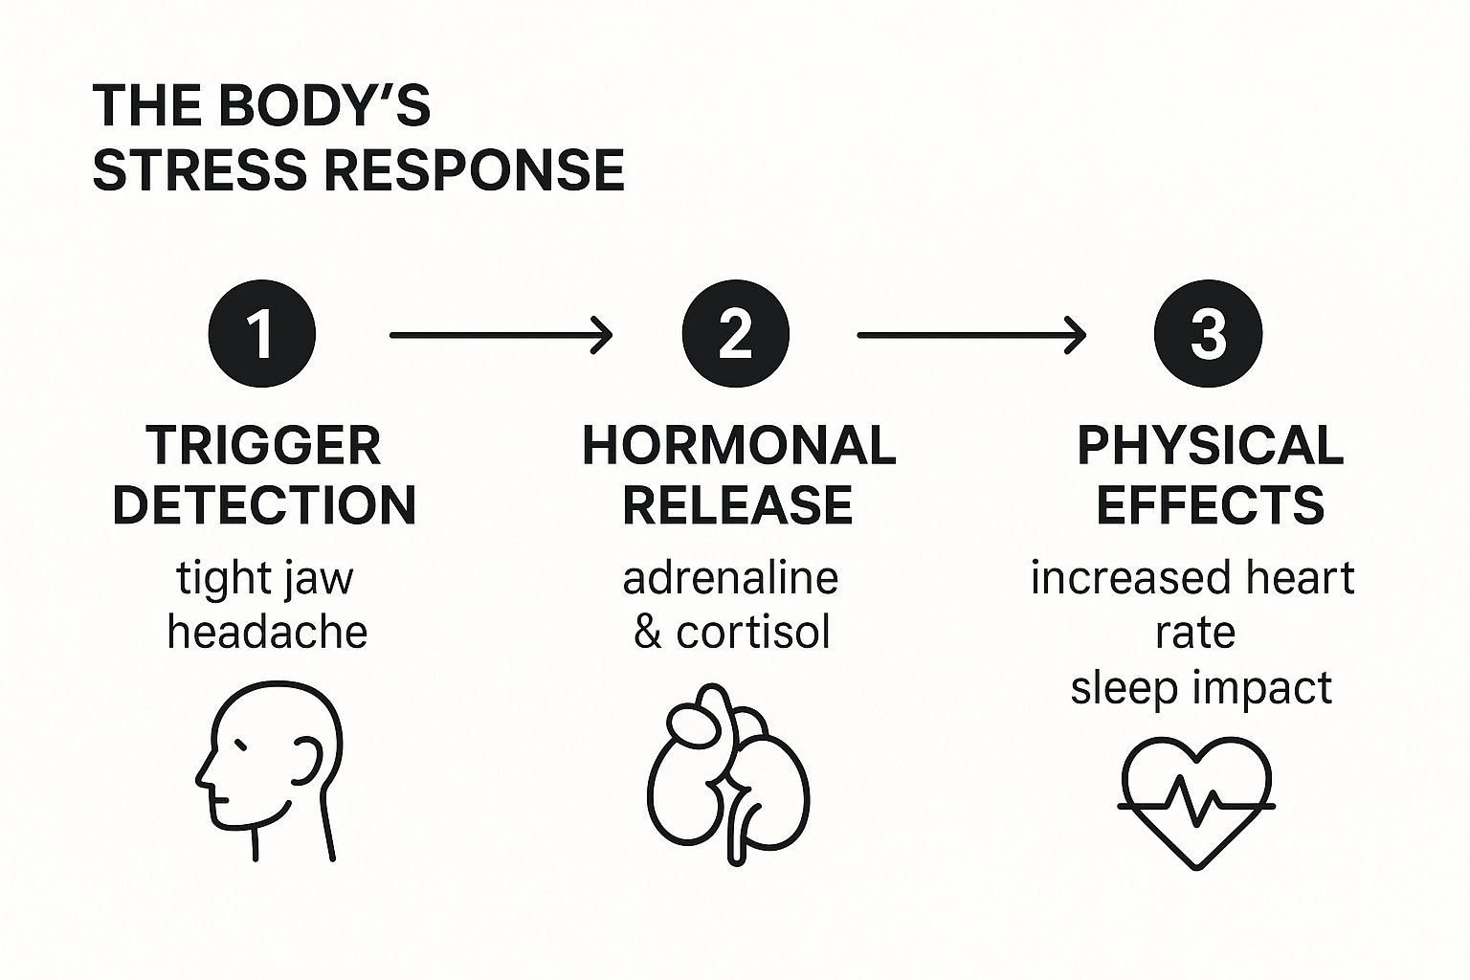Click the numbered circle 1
[x=261, y=334]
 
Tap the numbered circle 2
[x=735, y=334]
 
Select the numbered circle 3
[x=1208, y=334]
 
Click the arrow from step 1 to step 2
[x=501, y=335]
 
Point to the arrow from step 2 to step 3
[x=971, y=335]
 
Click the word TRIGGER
[x=264, y=446]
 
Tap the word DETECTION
[x=264, y=505]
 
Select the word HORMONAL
[x=739, y=446]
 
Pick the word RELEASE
[x=738, y=505]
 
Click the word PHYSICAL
[x=1211, y=446]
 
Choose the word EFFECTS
[x=1210, y=505]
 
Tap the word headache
[x=267, y=633]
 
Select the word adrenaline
[x=730, y=578]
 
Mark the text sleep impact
[x=1201, y=688]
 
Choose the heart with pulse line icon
[x=1196, y=800]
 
